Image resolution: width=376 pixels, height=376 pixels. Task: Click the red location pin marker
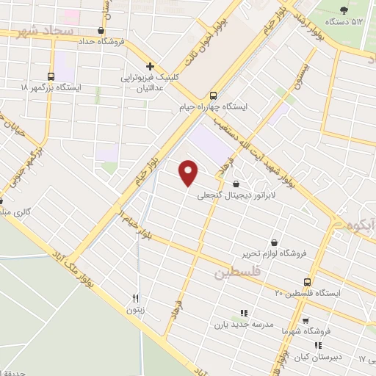[189, 172]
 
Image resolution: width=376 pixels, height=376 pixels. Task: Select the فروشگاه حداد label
[100, 42]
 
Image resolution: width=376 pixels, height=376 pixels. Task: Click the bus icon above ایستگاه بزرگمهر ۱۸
[51, 76]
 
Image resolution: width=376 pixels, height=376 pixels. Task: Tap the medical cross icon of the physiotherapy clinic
[150, 66]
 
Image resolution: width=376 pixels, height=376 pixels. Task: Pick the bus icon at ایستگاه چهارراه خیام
[213, 95]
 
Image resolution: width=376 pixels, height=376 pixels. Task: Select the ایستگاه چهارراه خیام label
[214, 107]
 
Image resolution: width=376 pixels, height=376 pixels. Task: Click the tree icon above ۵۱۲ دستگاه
[345, 10]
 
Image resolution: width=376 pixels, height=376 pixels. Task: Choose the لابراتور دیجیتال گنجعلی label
[234, 196]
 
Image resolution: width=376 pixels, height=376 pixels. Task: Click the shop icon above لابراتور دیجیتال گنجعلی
[236, 184]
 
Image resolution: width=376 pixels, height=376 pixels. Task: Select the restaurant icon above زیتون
[135, 298]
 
